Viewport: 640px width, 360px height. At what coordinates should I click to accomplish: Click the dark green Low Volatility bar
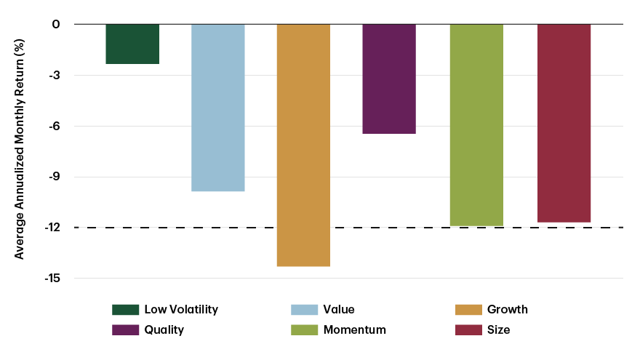coord(132,44)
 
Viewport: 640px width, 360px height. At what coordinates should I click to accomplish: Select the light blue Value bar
coord(218,108)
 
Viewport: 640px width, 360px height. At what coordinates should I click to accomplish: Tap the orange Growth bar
coord(303,145)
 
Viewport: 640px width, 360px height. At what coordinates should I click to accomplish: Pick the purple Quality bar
coord(389,79)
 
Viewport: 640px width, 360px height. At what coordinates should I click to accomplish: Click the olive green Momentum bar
coord(476,125)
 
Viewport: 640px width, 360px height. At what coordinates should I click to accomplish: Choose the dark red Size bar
coord(564,123)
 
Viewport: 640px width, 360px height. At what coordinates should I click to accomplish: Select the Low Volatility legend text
coord(181,309)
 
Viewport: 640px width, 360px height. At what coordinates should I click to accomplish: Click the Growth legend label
coord(508,309)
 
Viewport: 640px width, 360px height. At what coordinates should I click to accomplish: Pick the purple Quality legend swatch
coord(125,330)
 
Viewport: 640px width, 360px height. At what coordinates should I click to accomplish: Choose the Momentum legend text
coord(355,330)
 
